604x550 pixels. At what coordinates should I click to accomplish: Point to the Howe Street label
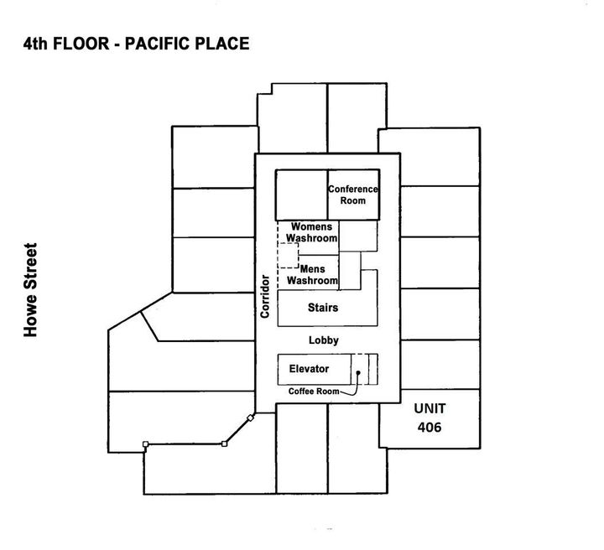(33, 290)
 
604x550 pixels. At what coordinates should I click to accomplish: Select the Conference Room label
(352, 195)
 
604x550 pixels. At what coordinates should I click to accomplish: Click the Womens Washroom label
(312, 232)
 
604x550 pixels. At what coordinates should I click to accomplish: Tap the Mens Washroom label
(312, 275)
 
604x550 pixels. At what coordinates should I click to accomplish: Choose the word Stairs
(323, 308)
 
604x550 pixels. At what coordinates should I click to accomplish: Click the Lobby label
(323, 340)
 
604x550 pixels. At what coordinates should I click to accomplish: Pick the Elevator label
(309, 368)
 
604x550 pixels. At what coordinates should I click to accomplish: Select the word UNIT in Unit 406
(430, 408)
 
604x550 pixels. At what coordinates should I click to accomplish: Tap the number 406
(430, 427)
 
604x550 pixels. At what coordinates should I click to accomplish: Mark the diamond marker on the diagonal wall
(249, 418)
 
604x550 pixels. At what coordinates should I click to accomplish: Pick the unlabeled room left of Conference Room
(301, 195)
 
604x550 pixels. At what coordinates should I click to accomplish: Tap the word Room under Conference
(352, 201)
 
